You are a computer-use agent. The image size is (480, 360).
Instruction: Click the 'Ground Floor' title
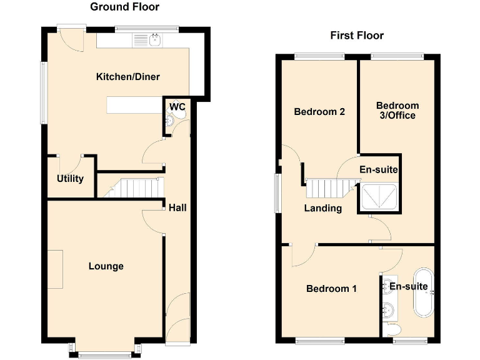124,7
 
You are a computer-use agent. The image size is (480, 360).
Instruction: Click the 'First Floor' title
357,36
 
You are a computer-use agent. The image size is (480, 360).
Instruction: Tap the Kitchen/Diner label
127,77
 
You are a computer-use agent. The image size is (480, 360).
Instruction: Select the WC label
177,107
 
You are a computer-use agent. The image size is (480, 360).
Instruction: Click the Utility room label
70,179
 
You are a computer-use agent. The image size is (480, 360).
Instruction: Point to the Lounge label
106,266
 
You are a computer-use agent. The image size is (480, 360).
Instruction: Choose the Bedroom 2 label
319,112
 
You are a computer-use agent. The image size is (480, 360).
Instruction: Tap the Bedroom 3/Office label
397,110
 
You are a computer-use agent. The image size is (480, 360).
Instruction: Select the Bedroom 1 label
331,289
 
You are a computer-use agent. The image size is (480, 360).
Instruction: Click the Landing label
323,208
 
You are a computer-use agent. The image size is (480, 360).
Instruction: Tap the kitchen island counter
132,105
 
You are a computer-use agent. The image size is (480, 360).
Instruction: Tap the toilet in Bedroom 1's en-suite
393,329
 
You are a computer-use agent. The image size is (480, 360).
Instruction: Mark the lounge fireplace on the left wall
55,269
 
